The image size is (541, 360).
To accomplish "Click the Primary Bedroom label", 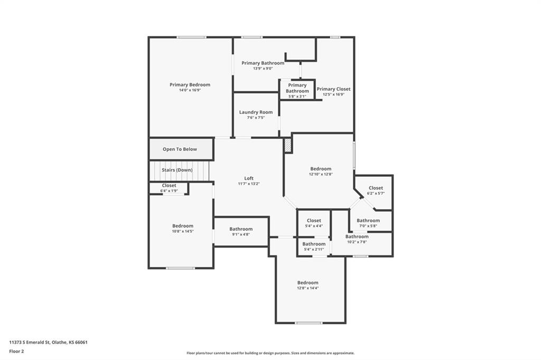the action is (x=190, y=84).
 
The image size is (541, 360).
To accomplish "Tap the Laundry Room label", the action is (x=256, y=112).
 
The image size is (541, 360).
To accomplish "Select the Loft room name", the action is (x=249, y=178).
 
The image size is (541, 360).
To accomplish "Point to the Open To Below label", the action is (x=180, y=149).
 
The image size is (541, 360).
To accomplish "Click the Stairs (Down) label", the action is (x=177, y=170).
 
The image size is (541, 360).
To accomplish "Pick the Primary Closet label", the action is (x=334, y=89).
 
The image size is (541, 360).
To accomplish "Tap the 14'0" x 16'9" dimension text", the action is (x=190, y=90).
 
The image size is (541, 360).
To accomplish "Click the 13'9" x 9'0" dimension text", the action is (x=263, y=69).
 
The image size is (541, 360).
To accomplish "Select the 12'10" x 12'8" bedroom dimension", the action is (x=321, y=175).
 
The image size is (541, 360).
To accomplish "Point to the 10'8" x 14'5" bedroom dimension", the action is (x=183, y=231).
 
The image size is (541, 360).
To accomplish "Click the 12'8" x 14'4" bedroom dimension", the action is (x=308, y=288).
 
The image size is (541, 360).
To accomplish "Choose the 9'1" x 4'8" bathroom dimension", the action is (x=241, y=234).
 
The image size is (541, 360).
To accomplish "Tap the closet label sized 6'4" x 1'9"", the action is (x=169, y=185).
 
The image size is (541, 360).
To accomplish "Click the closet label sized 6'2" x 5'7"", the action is (x=376, y=188).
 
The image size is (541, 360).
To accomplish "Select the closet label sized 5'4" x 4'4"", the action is (x=314, y=221).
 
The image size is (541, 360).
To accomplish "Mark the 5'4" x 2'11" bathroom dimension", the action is (x=314, y=250).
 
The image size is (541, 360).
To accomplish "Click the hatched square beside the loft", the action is (x=288, y=145).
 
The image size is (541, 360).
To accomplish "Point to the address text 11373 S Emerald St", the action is (x=30, y=343).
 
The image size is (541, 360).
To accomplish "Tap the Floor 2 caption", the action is (x=16, y=352).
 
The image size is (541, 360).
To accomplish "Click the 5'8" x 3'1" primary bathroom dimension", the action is (x=297, y=97).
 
